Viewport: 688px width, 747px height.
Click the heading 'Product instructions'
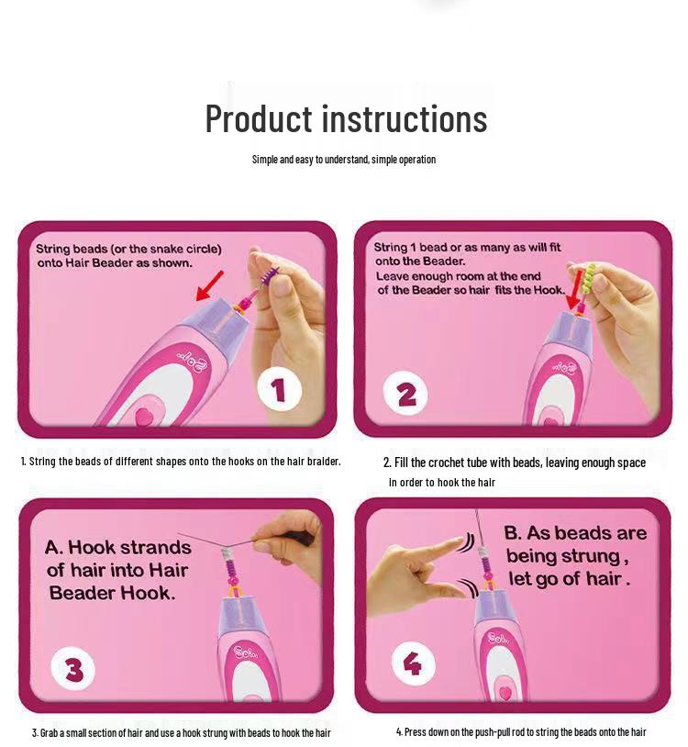(346, 119)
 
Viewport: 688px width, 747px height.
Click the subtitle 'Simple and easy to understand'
(343, 160)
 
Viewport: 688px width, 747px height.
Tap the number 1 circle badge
(279, 392)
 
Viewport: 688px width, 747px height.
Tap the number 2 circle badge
(405, 395)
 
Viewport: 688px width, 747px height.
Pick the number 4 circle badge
(413, 663)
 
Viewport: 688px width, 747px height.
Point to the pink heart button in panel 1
(144, 416)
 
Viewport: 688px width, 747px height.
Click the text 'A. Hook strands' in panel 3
(118, 548)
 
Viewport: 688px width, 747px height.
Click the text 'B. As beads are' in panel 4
(575, 533)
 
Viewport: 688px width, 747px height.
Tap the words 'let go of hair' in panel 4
(569, 579)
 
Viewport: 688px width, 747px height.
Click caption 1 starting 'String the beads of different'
(181, 462)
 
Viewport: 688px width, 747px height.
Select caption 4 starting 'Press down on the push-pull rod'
(520, 731)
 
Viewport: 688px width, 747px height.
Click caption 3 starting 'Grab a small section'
(181, 732)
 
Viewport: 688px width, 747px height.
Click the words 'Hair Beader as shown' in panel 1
(115, 263)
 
